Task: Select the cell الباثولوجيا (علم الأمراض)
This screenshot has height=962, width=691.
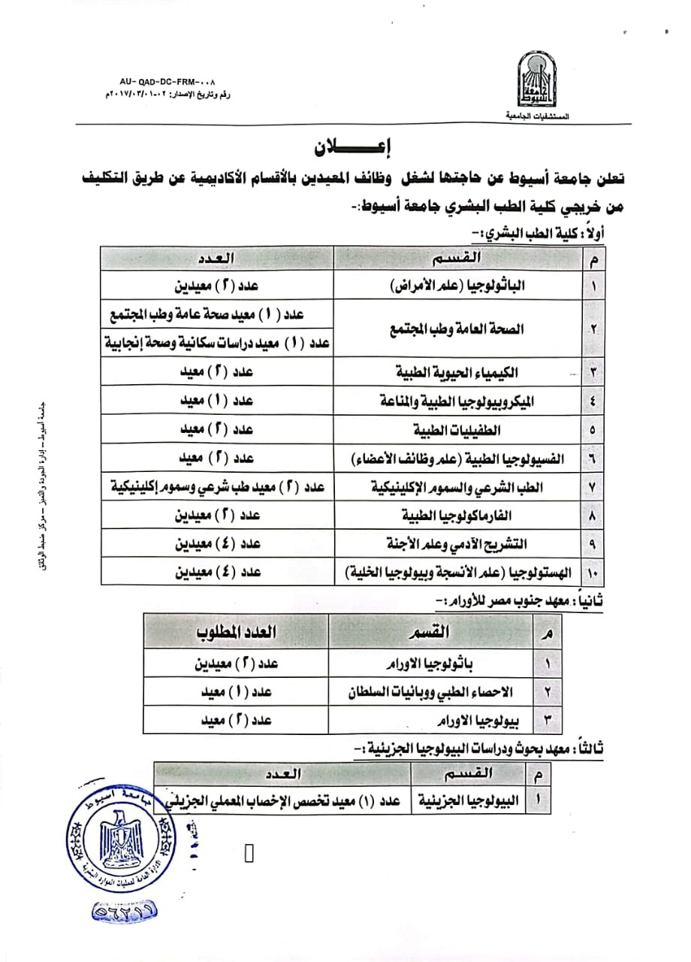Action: pos(459,287)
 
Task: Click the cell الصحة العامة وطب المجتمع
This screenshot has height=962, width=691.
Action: pos(459,329)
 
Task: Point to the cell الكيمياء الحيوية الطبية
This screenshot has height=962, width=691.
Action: pos(459,373)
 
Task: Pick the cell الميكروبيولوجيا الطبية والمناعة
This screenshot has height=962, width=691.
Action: pos(459,401)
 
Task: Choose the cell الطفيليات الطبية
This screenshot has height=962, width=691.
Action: pos(459,431)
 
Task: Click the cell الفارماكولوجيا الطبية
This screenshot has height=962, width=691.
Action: pos(459,516)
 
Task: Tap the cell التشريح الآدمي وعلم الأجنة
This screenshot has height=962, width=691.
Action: pos(459,544)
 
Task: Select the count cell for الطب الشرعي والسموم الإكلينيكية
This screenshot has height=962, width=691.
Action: pos(218,487)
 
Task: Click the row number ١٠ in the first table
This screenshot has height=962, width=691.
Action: pos(590,573)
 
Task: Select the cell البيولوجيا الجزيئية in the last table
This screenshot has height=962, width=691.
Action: pos(469,801)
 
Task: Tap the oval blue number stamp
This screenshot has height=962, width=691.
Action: pos(125,911)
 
